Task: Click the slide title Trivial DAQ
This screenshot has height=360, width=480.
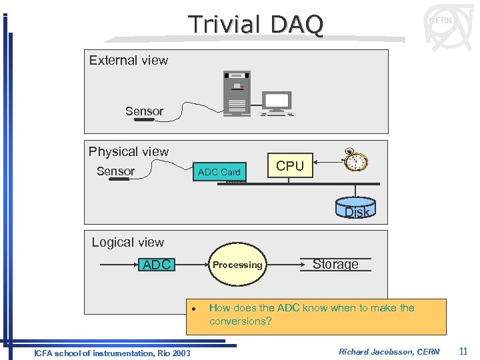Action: click(x=256, y=25)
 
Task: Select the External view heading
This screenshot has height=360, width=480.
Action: click(x=129, y=60)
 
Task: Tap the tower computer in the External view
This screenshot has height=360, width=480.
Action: click(x=237, y=93)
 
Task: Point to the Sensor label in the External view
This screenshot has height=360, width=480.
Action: click(x=144, y=111)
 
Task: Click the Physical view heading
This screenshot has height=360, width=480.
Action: click(x=129, y=151)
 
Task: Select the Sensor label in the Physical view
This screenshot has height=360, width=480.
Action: click(x=115, y=171)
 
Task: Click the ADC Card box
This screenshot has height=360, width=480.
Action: click(x=219, y=172)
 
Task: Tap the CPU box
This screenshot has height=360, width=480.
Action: click(x=289, y=166)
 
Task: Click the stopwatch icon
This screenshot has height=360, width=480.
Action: click(x=356, y=159)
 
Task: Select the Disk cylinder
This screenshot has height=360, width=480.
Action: click(x=357, y=207)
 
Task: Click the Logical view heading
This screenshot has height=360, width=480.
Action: click(x=127, y=242)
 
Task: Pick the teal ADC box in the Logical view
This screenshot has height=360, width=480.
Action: click(x=157, y=265)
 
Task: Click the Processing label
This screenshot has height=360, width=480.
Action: click(x=237, y=265)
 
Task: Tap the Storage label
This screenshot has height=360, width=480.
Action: click(x=335, y=264)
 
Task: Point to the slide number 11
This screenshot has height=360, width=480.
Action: click(x=463, y=351)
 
